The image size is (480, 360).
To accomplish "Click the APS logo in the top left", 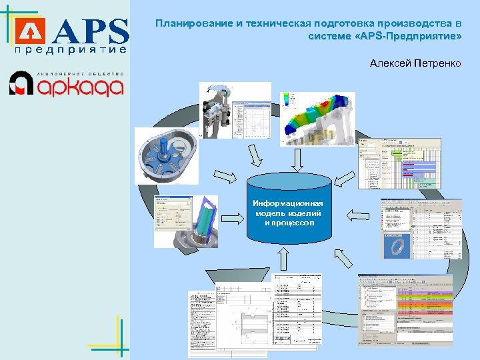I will point(73,31).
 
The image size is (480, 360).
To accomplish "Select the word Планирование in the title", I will point(193,23).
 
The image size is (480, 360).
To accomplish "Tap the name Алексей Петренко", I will point(415,63).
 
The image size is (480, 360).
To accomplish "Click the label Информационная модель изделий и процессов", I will point(288,213).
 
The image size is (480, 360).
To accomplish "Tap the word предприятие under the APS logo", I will point(70,50).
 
